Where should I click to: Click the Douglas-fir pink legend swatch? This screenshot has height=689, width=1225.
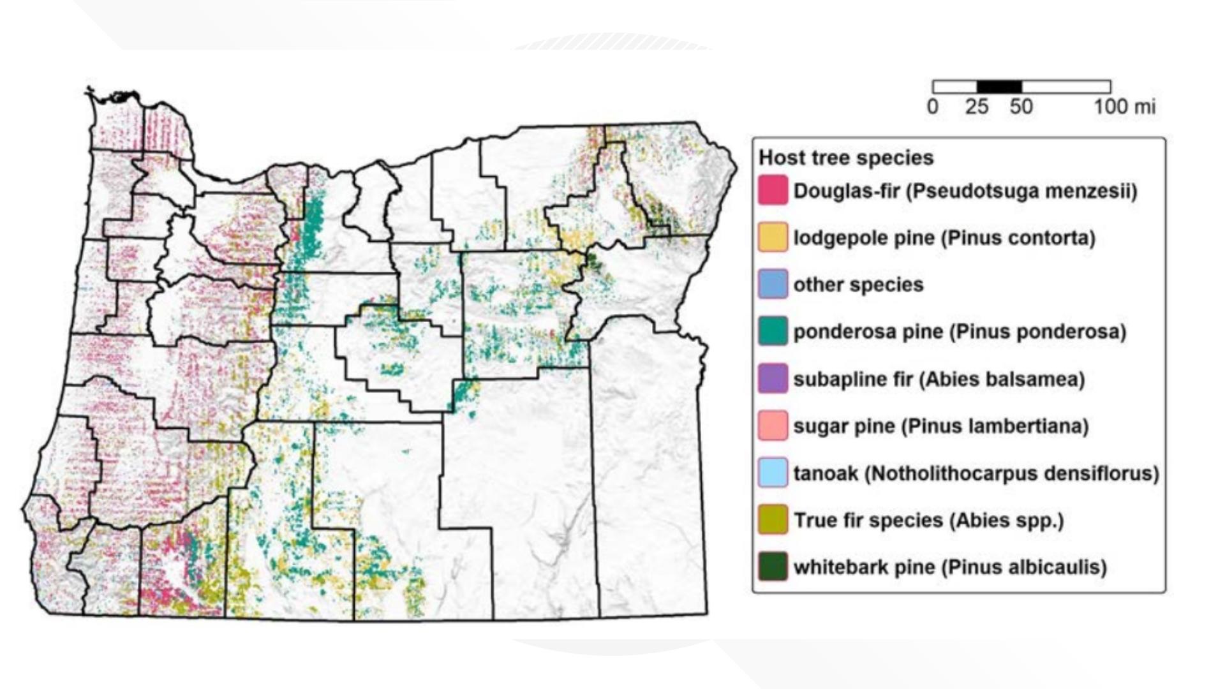click(773, 190)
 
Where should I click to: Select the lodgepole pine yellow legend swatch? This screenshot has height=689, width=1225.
click(773, 237)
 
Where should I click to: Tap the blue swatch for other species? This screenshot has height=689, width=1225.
click(773, 285)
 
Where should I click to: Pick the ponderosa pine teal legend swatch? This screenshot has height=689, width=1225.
click(773, 331)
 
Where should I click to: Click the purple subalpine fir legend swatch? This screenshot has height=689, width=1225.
click(773, 378)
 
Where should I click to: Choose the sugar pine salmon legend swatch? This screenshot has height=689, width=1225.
click(773, 426)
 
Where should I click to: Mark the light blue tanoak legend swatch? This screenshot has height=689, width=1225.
click(773, 473)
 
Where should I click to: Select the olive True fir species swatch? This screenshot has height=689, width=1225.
click(773, 520)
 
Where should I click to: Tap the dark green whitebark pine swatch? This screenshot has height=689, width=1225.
click(773, 567)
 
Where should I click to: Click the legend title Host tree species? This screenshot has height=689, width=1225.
click(846, 158)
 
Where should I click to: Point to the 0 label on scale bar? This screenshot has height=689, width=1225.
click(933, 107)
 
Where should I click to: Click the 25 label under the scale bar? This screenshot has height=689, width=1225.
click(977, 107)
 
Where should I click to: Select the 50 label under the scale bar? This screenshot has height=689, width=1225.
click(1021, 107)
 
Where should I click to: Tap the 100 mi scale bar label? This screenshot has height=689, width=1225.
click(1124, 107)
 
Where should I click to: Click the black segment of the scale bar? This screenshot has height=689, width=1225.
click(999, 87)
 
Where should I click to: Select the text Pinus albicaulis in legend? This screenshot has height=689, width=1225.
click(1025, 567)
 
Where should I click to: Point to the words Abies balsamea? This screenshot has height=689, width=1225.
click(1002, 379)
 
